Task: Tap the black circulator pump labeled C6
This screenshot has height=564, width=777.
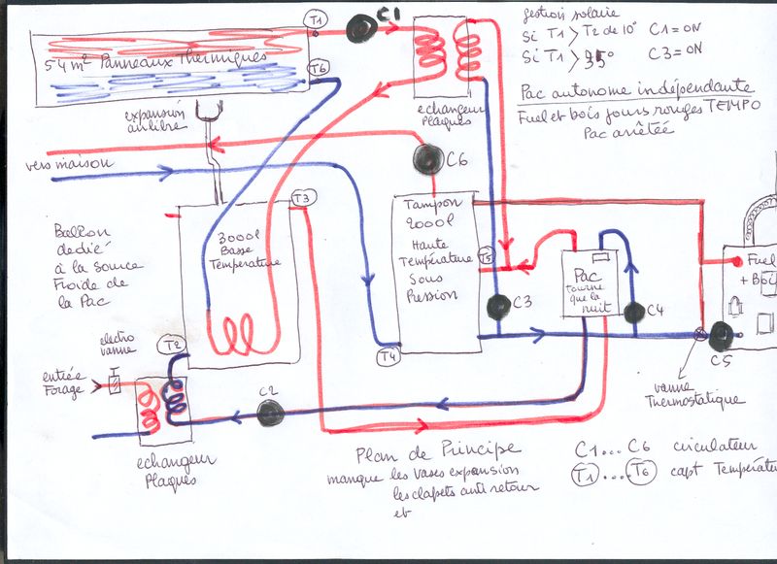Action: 427,157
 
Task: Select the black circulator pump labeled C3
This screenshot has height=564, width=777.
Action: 498,307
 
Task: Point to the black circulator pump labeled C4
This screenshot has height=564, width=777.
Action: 634,313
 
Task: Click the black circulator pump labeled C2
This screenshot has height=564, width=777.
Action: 270,412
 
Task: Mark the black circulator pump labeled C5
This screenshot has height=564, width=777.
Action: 721,336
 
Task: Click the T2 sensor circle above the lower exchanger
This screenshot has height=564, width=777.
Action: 175,347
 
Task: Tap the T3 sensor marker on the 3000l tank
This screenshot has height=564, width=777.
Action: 304,199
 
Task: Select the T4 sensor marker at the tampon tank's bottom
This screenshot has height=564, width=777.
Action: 388,356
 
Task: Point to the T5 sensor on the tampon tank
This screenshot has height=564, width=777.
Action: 486,257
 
